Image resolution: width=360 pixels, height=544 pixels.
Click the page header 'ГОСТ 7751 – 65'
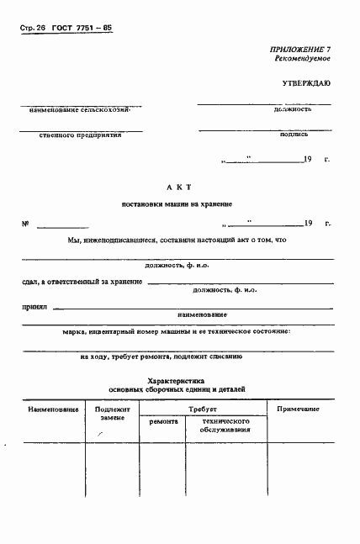[82, 27]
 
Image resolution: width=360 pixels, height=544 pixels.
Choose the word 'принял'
[33, 307]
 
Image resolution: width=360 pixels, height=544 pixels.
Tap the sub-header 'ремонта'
[163, 421]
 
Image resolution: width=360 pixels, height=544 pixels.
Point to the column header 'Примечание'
[299, 409]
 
